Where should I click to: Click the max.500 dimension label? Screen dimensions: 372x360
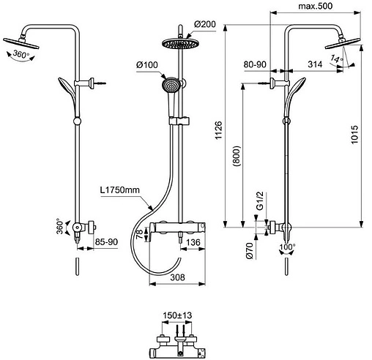[x=316, y=6]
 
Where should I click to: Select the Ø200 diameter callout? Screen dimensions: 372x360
[x=205, y=24]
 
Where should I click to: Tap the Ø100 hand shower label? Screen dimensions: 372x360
[x=147, y=65]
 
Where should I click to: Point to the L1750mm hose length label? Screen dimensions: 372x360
[x=120, y=190]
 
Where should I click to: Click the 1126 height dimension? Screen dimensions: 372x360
[x=218, y=130]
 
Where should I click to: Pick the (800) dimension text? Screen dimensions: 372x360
[x=237, y=156]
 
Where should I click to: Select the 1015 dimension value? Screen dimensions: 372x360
[x=354, y=135]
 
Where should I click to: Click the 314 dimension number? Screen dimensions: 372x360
[x=315, y=64]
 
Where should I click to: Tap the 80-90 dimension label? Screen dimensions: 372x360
[x=255, y=64]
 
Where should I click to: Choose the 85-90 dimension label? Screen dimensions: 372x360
[x=106, y=242]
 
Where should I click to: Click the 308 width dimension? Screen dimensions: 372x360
[x=177, y=277]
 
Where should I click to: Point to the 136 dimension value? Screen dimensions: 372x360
[x=193, y=242]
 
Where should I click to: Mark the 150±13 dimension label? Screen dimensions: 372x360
[x=177, y=315]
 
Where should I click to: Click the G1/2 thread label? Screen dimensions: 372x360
[x=260, y=200]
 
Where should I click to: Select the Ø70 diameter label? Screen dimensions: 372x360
[x=250, y=251]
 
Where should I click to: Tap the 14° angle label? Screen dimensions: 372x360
[x=337, y=59]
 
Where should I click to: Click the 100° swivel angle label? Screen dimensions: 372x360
[x=287, y=247]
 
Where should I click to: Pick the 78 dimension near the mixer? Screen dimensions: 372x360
[x=139, y=234]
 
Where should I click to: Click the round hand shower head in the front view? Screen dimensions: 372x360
[x=171, y=85]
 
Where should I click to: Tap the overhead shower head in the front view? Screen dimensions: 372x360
[x=179, y=43]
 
